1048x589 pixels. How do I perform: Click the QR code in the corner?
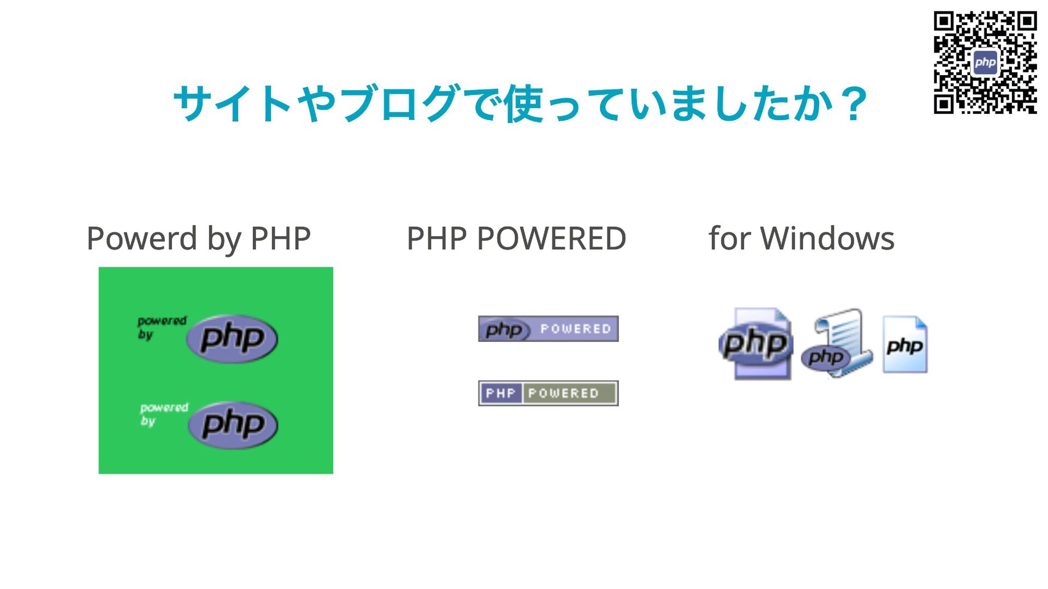pyautogui.click(x=985, y=62)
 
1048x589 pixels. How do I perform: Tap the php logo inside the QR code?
pyautogui.click(x=985, y=62)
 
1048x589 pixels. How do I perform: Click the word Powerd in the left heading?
pyautogui.click(x=141, y=239)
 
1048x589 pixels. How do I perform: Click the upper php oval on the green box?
pyautogui.click(x=232, y=338)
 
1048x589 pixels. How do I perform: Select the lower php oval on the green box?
pyautogui.click(x=233, y=425)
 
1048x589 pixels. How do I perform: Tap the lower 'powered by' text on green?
pyautogui.click(x=163, y=414)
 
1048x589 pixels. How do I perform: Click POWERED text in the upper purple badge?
pyautogui.click(x=575, y=329)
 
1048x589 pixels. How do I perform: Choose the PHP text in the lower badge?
pyautogui.click(x=501, y=393)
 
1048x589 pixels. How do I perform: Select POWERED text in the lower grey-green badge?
pyautogui.click(x=563, y=393)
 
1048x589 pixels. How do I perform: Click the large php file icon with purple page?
pyautogui.click(x=757, y=344)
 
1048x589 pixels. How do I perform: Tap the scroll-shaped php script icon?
pyautogui.click(x=837, y=344)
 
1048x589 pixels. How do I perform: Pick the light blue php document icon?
pyautogui.click(x=905, y=345)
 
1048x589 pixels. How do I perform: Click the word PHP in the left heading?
pyautogui.click(x=281, y=239)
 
